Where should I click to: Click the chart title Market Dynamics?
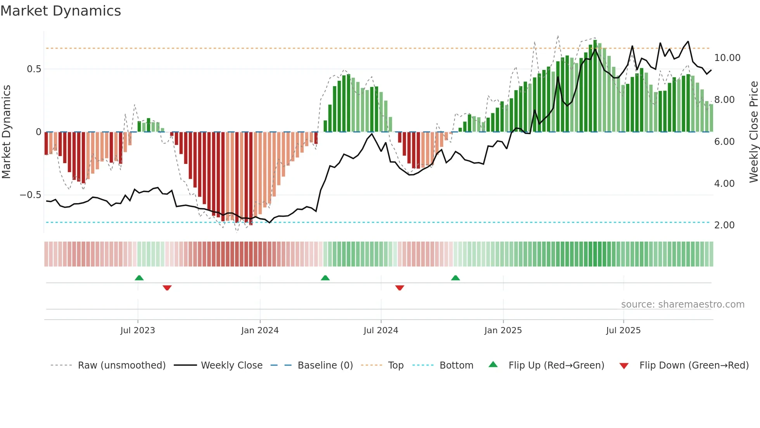(x=60, y=11)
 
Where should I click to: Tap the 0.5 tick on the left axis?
(x=34, y=69)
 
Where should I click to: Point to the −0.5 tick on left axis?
(x=30, y=195)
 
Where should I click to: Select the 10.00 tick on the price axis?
(x=727, y=58)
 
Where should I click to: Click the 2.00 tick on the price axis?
(x=724, y=225)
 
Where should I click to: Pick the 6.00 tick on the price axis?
(x=724, y=142)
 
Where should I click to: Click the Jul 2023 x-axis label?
(x=138, y=331)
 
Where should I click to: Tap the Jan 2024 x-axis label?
(x=260, y=331)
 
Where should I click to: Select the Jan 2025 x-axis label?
(x=503, y=331)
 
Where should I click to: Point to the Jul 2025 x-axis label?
(x=623, y=331)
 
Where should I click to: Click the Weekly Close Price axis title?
(x=753, y=132)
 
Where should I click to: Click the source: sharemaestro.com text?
(x=682, y=304)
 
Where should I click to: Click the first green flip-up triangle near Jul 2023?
(x=139, y=278)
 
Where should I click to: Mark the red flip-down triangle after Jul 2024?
(x=400, y=288)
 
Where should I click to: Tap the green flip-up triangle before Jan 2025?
(x=456, y=278)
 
